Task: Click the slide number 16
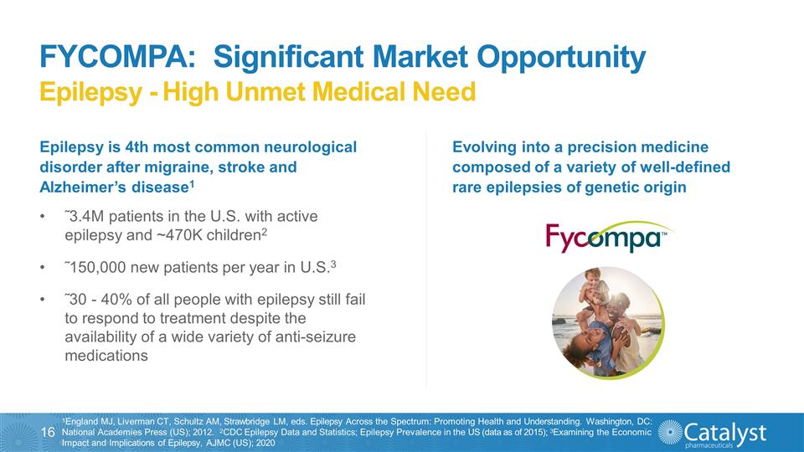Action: (48, 432)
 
